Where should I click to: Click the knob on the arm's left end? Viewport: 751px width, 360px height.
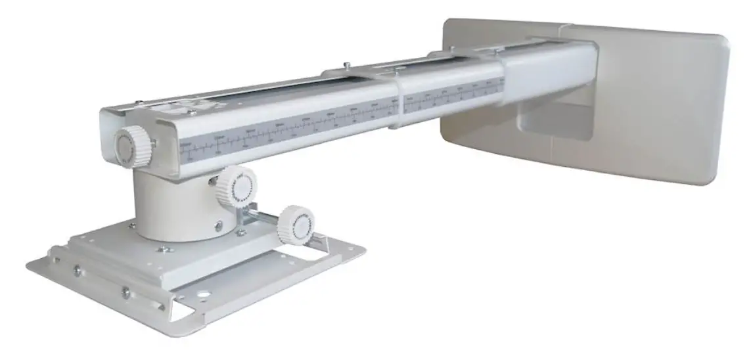click(133, 146)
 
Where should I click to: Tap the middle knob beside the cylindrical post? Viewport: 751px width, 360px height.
click(237, 187)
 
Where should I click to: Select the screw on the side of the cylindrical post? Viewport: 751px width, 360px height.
click(217, 225)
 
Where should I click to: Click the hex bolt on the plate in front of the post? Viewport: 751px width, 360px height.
click(162, 249)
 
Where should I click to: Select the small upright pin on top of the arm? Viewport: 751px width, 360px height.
click(345, 66)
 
